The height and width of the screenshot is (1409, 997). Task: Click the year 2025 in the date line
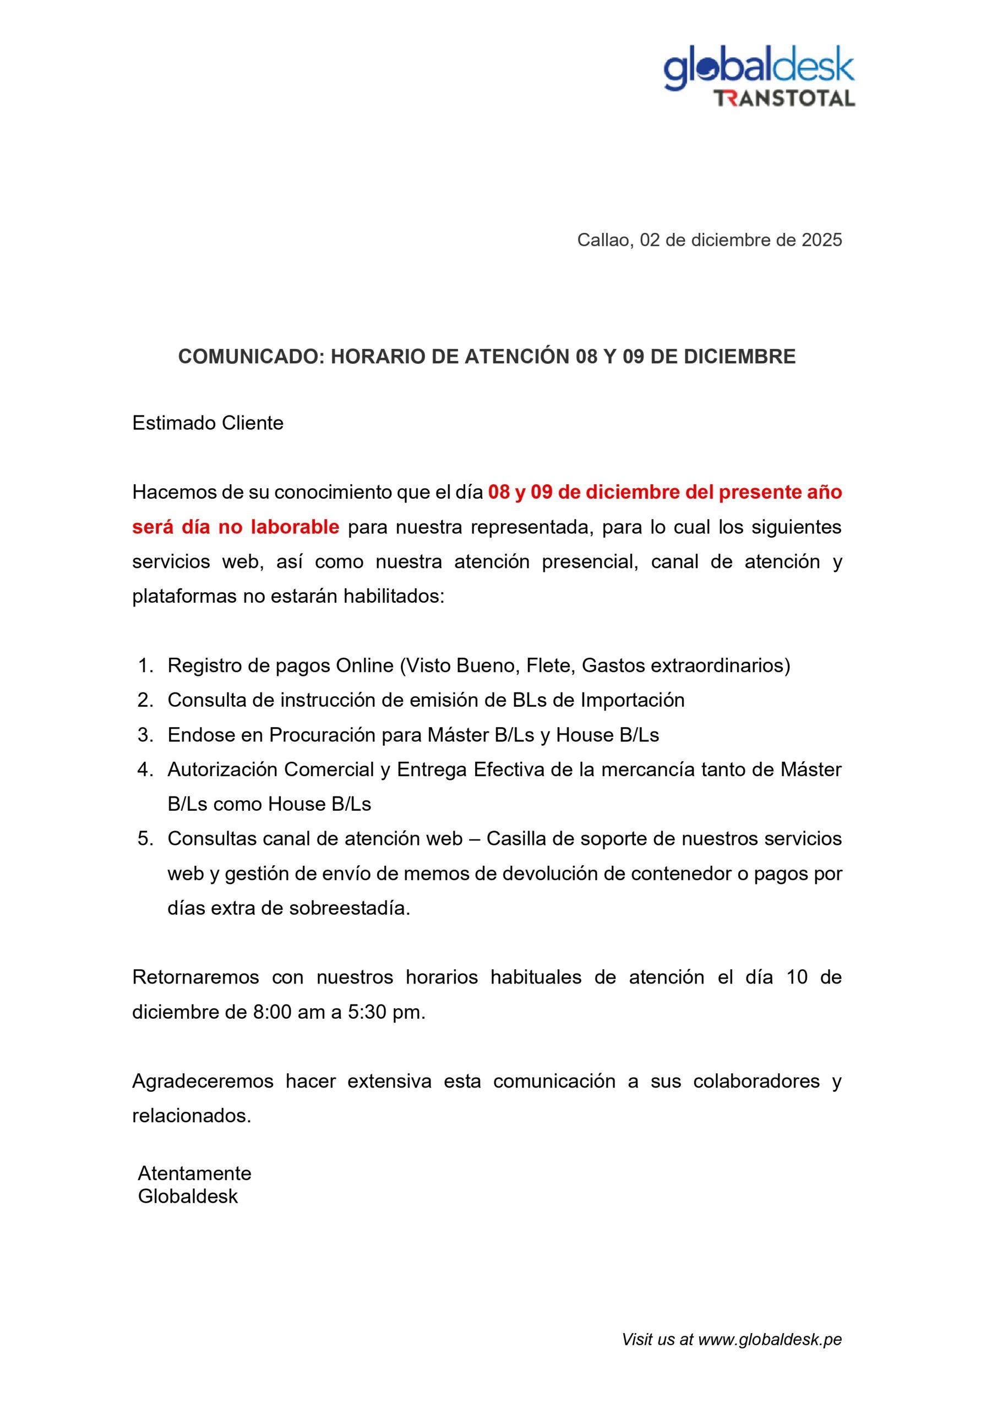click(x=821, y=241)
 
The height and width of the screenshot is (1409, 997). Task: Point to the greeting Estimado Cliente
click(x=208, y=423)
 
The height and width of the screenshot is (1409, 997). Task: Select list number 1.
click(x=145, y=665)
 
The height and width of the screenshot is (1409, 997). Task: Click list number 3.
click(x=145, y=735)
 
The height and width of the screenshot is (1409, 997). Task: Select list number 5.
click(x=145, y=839)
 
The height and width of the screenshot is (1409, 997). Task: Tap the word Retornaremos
click(x=195, y=977)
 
